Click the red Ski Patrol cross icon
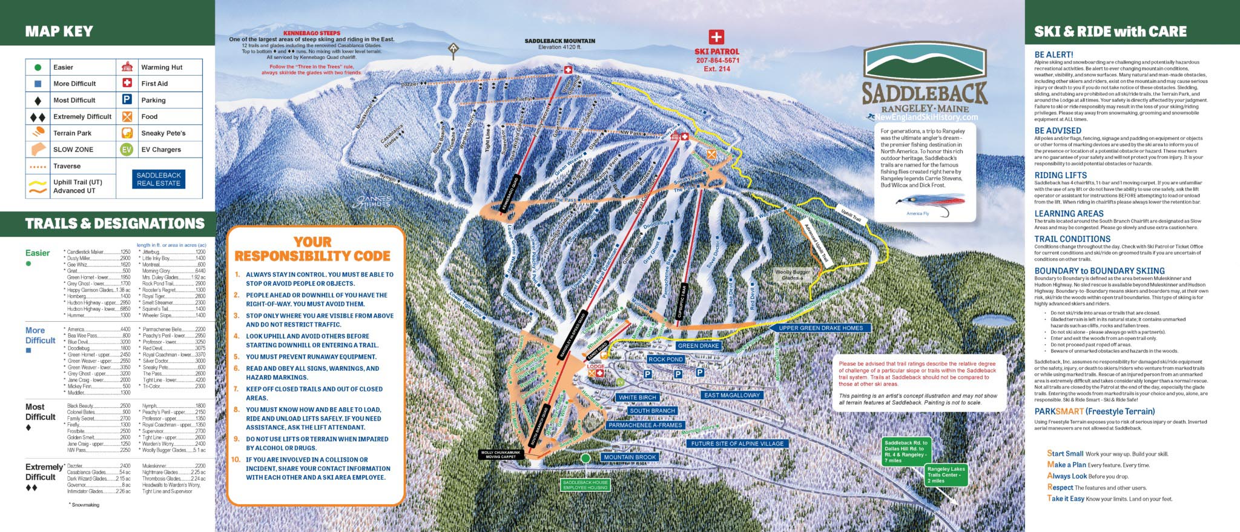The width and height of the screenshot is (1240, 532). [716, 37]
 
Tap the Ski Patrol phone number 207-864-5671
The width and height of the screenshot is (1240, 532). [717, 61]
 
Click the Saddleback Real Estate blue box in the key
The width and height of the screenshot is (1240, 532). [159, 179]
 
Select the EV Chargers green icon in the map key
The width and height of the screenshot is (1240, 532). [127, 150]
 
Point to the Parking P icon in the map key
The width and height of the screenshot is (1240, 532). [127, 100]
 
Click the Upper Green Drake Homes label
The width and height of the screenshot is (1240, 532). [820, 328]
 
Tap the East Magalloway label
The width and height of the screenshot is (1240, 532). [731, 395]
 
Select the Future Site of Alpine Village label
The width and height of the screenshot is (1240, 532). [737, 444]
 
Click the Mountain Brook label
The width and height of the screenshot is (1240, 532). [630, 457]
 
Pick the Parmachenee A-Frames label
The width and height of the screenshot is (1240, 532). [645, 425]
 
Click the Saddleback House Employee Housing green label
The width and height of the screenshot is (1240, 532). [585, 485]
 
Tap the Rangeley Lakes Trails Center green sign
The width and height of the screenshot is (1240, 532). [946, 475]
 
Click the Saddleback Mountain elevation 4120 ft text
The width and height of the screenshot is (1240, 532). [559, 44]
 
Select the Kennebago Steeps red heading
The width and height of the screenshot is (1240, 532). [312, 33]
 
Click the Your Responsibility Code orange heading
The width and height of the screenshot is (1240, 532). [312, 249]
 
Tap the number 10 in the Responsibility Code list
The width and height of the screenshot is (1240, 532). [236, 459]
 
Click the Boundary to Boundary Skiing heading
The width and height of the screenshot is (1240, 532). [1099, 271]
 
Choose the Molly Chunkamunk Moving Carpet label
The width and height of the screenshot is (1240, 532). [501, 454]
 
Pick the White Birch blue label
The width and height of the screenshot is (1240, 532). [637, 397]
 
